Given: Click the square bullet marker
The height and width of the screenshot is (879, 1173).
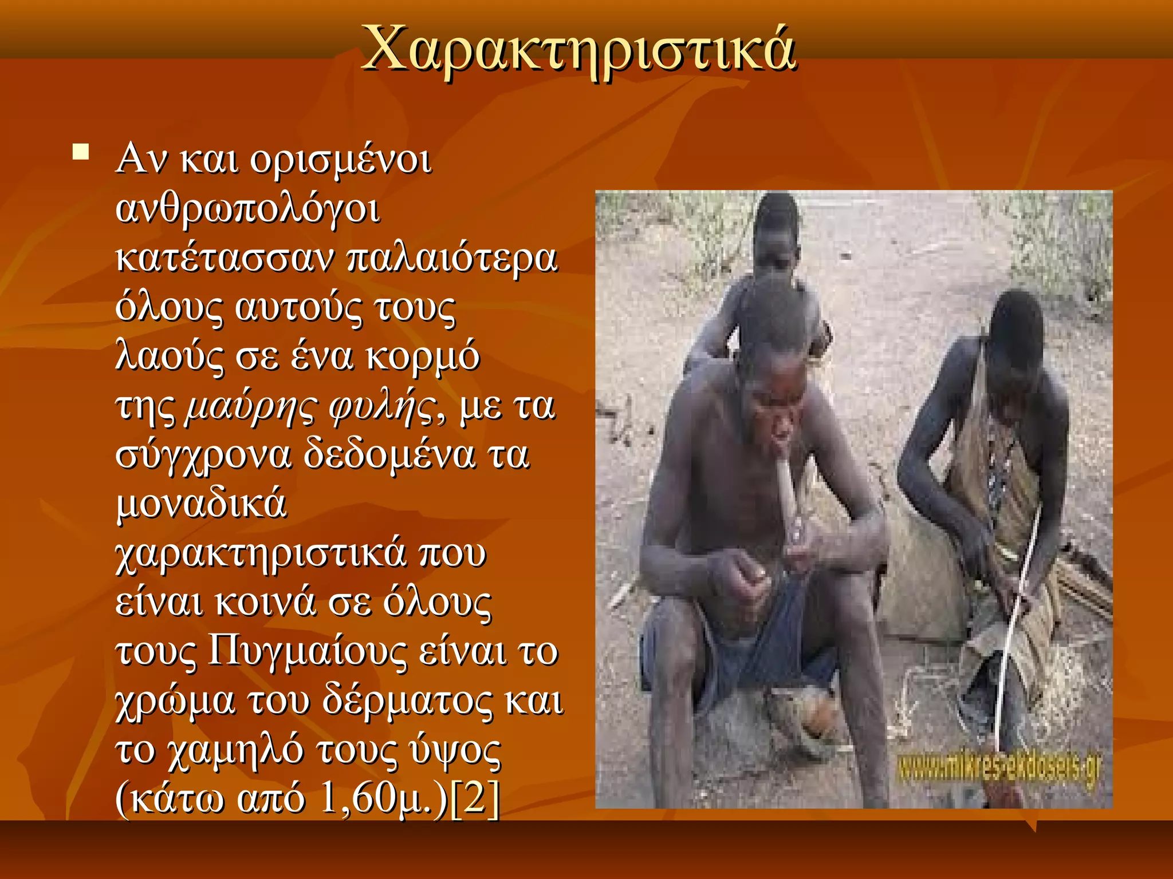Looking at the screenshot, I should click(x=81, y=152).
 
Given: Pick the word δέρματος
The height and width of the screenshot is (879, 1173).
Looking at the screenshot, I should click(x=407, y=700).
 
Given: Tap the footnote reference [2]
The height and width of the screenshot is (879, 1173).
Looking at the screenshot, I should click(x=475, y=799).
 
